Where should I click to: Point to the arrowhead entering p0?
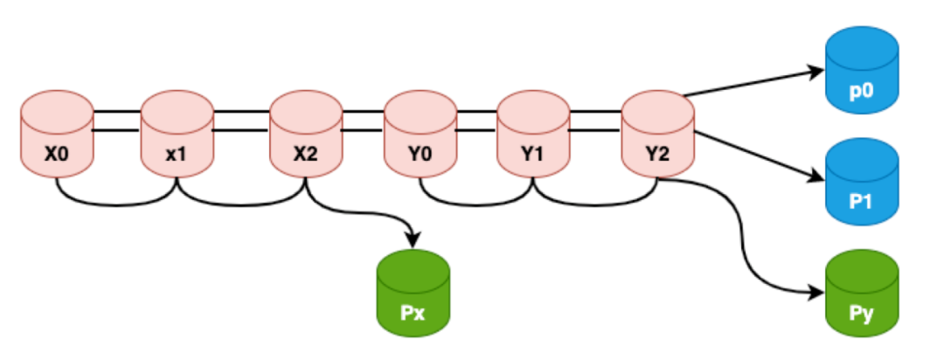coord(817,72)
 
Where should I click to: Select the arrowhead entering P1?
coord(817,177)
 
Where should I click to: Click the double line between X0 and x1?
coord(117,121)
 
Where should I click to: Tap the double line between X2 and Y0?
coord(363,121)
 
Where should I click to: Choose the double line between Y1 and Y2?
coord(594,121)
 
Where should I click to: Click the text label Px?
coord(413,312)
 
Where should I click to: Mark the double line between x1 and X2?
coord(241,121)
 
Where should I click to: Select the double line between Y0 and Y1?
coord(476,121)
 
